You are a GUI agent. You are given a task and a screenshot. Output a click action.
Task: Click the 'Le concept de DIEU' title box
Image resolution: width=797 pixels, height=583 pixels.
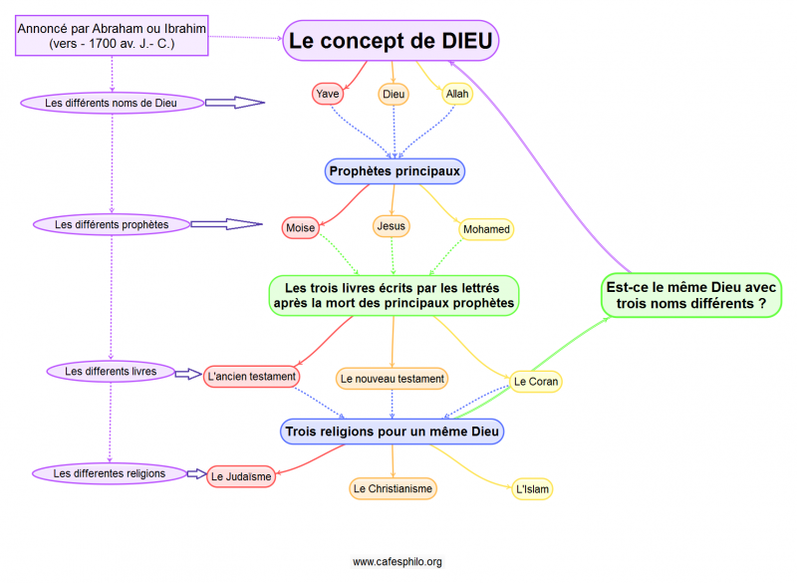coord(391,41)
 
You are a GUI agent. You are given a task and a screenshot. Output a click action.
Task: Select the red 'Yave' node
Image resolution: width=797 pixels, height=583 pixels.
coord(328,94)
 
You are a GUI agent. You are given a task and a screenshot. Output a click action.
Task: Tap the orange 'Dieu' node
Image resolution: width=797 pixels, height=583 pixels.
coord(395,94)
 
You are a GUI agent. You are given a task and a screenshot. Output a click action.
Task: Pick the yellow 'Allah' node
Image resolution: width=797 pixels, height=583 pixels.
coord(457,94)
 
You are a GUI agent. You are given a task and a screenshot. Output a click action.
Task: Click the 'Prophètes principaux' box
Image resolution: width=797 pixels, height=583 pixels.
coord(395,171)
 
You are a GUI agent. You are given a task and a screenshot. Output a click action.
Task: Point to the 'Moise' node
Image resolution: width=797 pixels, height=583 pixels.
coord(301,228)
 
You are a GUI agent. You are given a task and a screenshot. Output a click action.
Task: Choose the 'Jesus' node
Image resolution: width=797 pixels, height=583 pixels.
coord(392,226)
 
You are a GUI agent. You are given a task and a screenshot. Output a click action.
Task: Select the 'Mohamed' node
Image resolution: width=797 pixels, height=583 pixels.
coord(486,229)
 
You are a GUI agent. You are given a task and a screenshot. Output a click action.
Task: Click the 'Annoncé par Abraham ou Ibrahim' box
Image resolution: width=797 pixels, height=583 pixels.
coord(113,37)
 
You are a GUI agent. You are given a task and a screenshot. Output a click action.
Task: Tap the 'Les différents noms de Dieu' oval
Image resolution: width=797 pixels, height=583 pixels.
coord(113,103)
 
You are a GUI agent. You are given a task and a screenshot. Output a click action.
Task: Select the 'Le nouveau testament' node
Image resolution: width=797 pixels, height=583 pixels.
coord(392,379)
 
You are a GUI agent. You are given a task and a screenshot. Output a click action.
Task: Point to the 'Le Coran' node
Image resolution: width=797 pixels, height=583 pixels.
coord(536,382)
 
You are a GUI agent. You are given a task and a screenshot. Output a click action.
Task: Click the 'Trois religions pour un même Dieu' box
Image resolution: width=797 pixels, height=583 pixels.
coord(393,432)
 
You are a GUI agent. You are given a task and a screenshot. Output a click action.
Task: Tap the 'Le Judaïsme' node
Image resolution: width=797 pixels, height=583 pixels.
coord(241,476)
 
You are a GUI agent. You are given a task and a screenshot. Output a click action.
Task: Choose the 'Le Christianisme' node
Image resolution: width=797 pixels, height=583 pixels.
coord(394,488)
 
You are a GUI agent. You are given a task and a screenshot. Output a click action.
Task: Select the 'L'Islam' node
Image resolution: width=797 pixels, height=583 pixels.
coord(533,489)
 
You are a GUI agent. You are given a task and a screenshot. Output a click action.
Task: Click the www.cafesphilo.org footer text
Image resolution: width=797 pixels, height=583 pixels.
coord(397,562)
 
